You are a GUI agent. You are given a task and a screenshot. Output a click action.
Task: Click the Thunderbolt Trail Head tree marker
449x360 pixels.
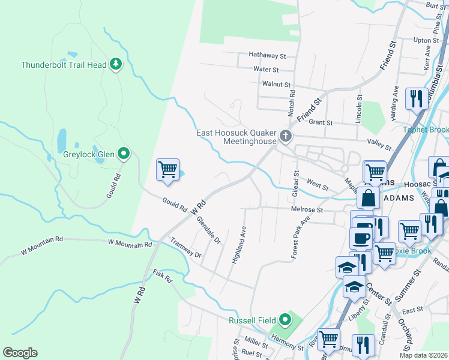click(x=116, y=64)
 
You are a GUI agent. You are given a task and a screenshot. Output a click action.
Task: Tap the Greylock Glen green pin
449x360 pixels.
click(x=124, y=154)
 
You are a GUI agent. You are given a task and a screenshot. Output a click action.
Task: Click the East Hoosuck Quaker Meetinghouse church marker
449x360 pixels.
click(x=286, y=137)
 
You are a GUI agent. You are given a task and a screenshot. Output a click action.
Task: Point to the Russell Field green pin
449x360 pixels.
click(x=285, y=320)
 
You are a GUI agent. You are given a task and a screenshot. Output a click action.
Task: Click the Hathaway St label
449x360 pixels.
click(x=268, y=56)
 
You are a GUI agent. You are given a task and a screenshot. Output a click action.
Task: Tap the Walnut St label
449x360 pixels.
click(x=276, y=85)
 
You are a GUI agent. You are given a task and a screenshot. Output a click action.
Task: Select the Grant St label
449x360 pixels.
click(x=321, y=122)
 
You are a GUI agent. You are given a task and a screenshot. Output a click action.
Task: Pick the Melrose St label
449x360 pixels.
click(x=307, y=210)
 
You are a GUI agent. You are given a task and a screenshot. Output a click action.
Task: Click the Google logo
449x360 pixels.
click(x=20, y=353)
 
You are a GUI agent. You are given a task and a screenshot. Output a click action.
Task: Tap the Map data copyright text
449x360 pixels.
click(x=423, y=355)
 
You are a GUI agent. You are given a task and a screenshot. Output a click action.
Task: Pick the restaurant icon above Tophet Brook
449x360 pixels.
click(x=416, y=98)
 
